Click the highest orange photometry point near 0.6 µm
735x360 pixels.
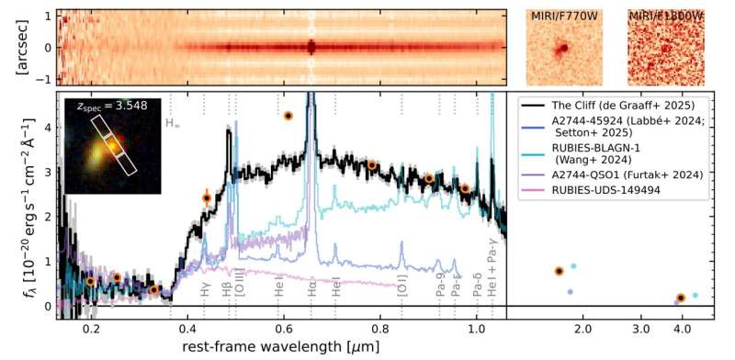(288, 116)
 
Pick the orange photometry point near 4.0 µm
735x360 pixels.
(680, 298)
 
